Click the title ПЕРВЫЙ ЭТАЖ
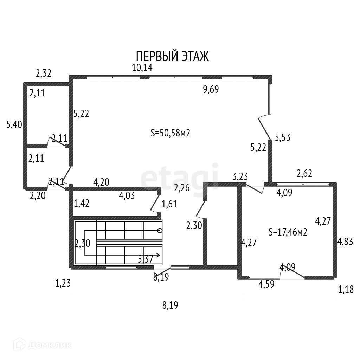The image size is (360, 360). coord(172,56)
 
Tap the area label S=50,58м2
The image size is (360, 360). coord(170,133)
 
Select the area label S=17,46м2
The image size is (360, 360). coord(288,232)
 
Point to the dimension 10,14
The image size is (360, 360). coord(142,67)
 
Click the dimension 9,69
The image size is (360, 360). coord(211,90)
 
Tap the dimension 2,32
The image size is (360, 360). coord(44,73)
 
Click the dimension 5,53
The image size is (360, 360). coord(283,137)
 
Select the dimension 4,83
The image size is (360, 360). coord(345,242)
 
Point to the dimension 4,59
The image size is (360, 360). coord(266,284)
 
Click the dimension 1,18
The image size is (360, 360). coord(346,290)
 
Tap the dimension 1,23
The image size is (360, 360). coord(63,283)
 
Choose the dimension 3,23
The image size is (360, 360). coord(240,177)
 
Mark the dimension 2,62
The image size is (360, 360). coord(304,173)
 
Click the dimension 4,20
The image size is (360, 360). coord(101,182)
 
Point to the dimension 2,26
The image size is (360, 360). coord(182,188)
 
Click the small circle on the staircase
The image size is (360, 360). coord(160,231)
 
